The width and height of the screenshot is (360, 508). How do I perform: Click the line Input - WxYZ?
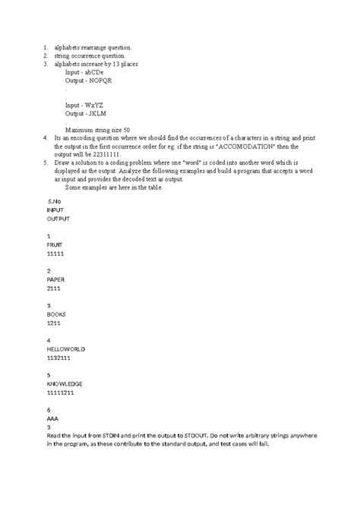[85, 105]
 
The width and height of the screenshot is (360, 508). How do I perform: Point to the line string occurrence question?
[90, 55]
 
